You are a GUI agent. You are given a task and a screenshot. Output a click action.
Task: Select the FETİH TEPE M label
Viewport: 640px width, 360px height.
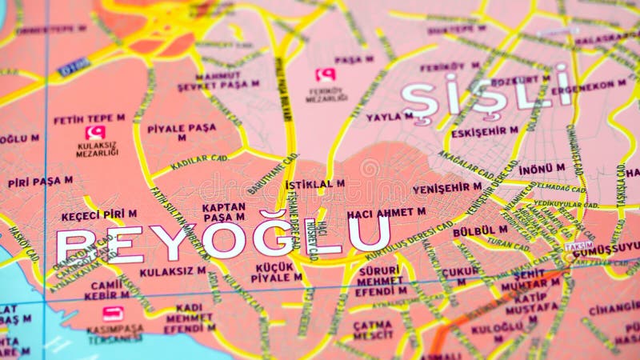click(89, 119)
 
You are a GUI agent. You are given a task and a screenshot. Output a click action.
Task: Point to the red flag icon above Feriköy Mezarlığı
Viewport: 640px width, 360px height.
click(325, 75)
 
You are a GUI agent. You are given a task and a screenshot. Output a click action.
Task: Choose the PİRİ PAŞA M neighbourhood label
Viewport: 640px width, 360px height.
click(40, 182)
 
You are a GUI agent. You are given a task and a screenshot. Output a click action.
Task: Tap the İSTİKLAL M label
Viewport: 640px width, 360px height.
click(315, 184)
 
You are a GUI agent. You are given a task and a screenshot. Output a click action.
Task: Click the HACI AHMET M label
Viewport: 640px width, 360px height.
click(386, 213)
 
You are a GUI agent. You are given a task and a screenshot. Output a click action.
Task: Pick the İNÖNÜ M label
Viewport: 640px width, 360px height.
click(542, 169)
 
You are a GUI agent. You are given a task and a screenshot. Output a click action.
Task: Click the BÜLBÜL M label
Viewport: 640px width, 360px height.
click(480, 230)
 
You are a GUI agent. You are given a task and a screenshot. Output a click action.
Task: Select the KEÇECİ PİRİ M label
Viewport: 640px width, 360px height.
click(98, 214)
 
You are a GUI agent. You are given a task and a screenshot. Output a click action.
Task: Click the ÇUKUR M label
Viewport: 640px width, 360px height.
click(460, 276)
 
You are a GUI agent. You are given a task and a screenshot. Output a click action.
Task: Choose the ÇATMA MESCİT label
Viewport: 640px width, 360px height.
click(373, 330)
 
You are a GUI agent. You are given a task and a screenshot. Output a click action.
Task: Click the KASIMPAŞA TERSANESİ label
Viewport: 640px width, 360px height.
click(115, 333)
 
